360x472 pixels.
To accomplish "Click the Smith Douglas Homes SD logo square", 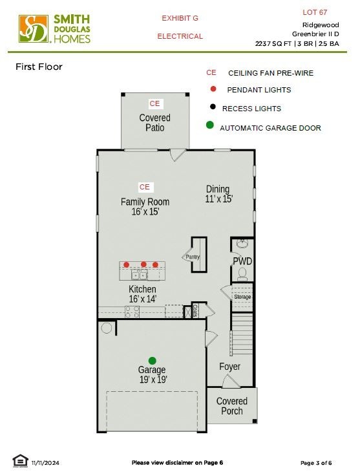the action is point(34,29).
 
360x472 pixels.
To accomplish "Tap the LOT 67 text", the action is point(315,12).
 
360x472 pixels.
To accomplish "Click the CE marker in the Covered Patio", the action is point(154,103).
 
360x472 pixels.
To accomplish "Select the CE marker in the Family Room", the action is point(145,187).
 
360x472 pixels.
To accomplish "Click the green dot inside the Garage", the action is point(153,361).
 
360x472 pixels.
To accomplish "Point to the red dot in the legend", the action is point(213,89).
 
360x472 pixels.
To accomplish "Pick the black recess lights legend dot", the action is point(213,107).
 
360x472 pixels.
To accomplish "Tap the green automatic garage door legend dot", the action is point(210,125).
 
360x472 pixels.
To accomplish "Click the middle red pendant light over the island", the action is point(143,264).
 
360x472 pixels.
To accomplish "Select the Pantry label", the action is point(193,257).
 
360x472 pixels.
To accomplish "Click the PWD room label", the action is point(242,261).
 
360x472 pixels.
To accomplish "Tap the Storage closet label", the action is point(242,297).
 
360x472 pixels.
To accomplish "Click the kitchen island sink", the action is point(140,275).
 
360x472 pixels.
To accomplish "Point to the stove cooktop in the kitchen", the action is point(132,312).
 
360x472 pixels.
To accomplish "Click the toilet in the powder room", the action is point(242,274).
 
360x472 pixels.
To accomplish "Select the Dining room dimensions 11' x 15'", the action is point(219,199).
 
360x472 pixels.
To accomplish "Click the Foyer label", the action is point(229,367).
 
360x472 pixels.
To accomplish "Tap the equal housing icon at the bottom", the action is point(21,460).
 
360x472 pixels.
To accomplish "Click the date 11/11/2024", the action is point(45,463).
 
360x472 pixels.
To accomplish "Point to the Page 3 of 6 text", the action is point(316,463).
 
